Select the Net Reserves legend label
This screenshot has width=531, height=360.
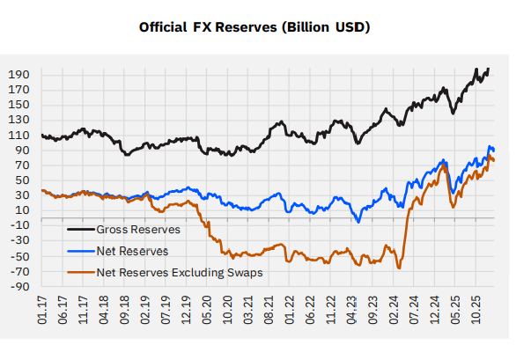pyautogui.click(x=135, y=251)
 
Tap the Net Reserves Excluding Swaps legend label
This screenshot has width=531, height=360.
pyautogui.click(x=181, y=273)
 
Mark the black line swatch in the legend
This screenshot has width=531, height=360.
pyautogui.click(x=83, y=230)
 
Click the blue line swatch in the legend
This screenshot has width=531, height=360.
pyautogui.click(x=83, y=251)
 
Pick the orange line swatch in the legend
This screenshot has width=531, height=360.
pyautogui.click(x=83, y=273)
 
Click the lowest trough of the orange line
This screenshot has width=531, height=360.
pyautogui.click(x=399, y=268)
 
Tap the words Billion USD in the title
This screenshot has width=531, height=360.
pyautogui.click(x=322, y=27)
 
